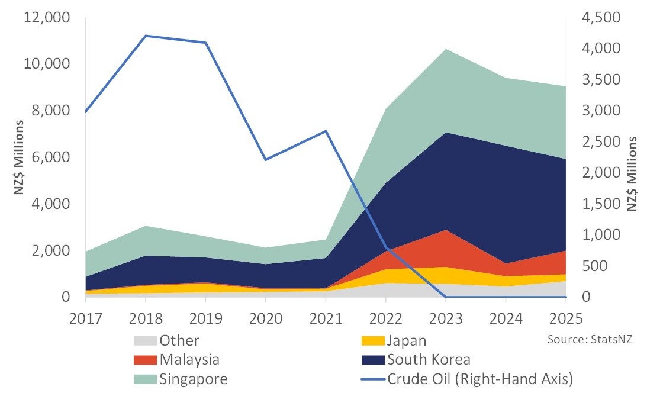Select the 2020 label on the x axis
pos(265,318)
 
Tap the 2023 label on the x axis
pos(446,318)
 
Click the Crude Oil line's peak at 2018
pos(146,36)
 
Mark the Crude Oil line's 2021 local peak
pos(326,131)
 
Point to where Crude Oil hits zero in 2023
pos(446,297)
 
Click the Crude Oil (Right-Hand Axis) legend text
pos(480,379)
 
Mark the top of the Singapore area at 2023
pos(446,49)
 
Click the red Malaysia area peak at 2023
pos(446,230)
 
